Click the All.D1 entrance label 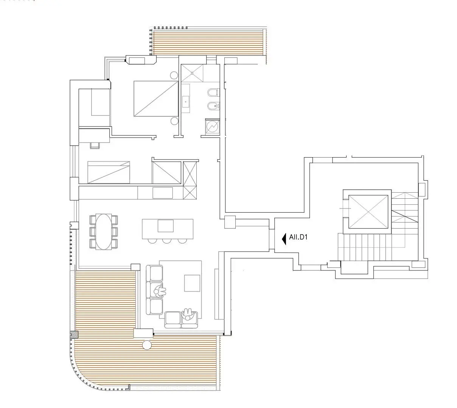click(298, 237)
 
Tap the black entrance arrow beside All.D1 click(284, 239)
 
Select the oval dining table click(104, 231)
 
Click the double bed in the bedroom click(156, 99)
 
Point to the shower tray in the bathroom click(192, 73)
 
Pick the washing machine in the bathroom click(212, 127)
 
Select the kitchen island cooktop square click(166, 226)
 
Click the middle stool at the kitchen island click(167, 241)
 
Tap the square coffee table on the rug click(192, 283)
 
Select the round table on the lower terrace click(147, 345)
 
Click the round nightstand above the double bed click(174, 75)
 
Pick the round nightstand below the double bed click(174, 121)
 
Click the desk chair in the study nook click(95, 145)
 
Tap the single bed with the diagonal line click(109, 172)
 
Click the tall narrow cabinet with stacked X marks click(190, 180)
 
